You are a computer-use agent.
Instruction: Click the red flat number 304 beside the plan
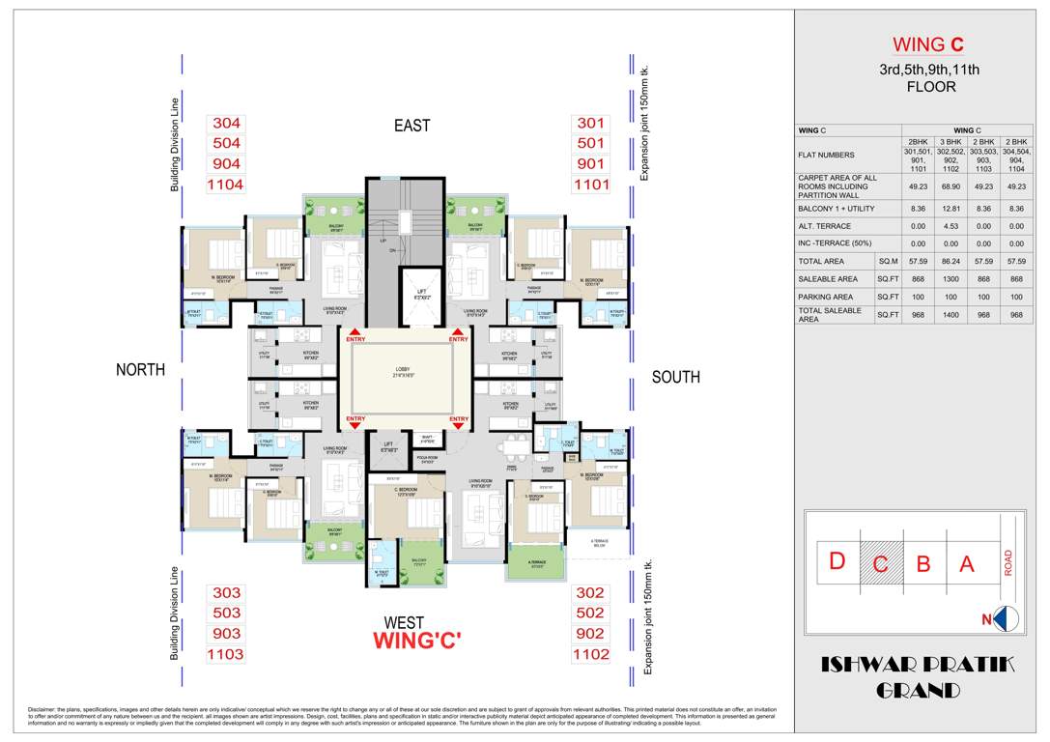pos(226,124)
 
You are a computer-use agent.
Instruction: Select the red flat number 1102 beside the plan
pos(591,654)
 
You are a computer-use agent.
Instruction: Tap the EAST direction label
pos(411,126)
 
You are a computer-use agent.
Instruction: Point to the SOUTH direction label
pos(675,377)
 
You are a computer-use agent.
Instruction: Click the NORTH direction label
pos(141,370)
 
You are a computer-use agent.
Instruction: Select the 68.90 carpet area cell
pos(951,183)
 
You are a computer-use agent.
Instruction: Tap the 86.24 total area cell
pos(951,261)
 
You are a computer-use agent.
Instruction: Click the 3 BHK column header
pos(951,141)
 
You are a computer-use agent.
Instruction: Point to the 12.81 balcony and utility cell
pos(951,207)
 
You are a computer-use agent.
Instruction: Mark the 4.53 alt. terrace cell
pos(951,225)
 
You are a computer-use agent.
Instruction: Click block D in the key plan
pos(837,561)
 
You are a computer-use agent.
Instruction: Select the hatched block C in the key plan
pos(880,564)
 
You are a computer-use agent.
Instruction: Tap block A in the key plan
pos(967,564)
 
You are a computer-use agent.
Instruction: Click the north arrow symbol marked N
pos(1004,619)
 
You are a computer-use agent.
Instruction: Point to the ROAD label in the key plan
pos(1009,563)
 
